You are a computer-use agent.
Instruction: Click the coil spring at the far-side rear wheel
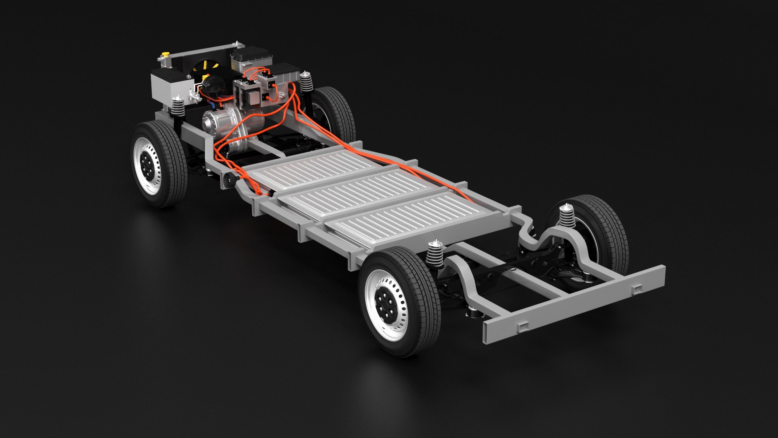(567, 217)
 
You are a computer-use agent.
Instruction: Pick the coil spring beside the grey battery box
(177, 106)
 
